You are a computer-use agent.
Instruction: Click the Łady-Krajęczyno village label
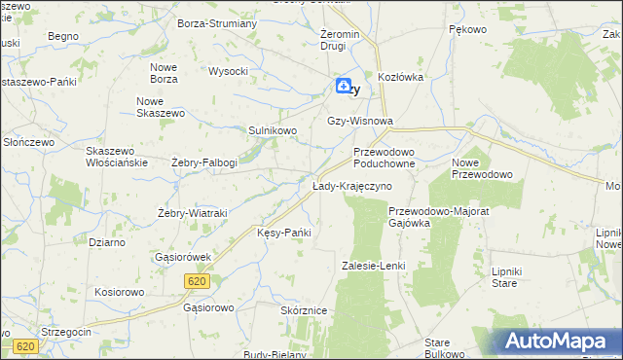[352, 186]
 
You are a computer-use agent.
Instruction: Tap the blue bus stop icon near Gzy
[344, 87]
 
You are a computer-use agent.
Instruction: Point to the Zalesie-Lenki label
[373, 266]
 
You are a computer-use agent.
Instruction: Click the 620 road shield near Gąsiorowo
[197, 280]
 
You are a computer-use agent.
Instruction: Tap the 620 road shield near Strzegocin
[26, 346]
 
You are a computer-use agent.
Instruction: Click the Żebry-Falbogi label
[203, 162]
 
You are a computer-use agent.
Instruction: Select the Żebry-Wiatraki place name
[192, 213]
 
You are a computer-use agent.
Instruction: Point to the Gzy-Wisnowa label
[360, 122]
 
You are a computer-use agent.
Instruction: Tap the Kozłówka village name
[402, 77]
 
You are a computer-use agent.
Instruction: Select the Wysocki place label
[229, 71]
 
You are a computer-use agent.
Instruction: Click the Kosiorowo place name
[119, 292]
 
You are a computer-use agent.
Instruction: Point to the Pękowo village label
[467, 30]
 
